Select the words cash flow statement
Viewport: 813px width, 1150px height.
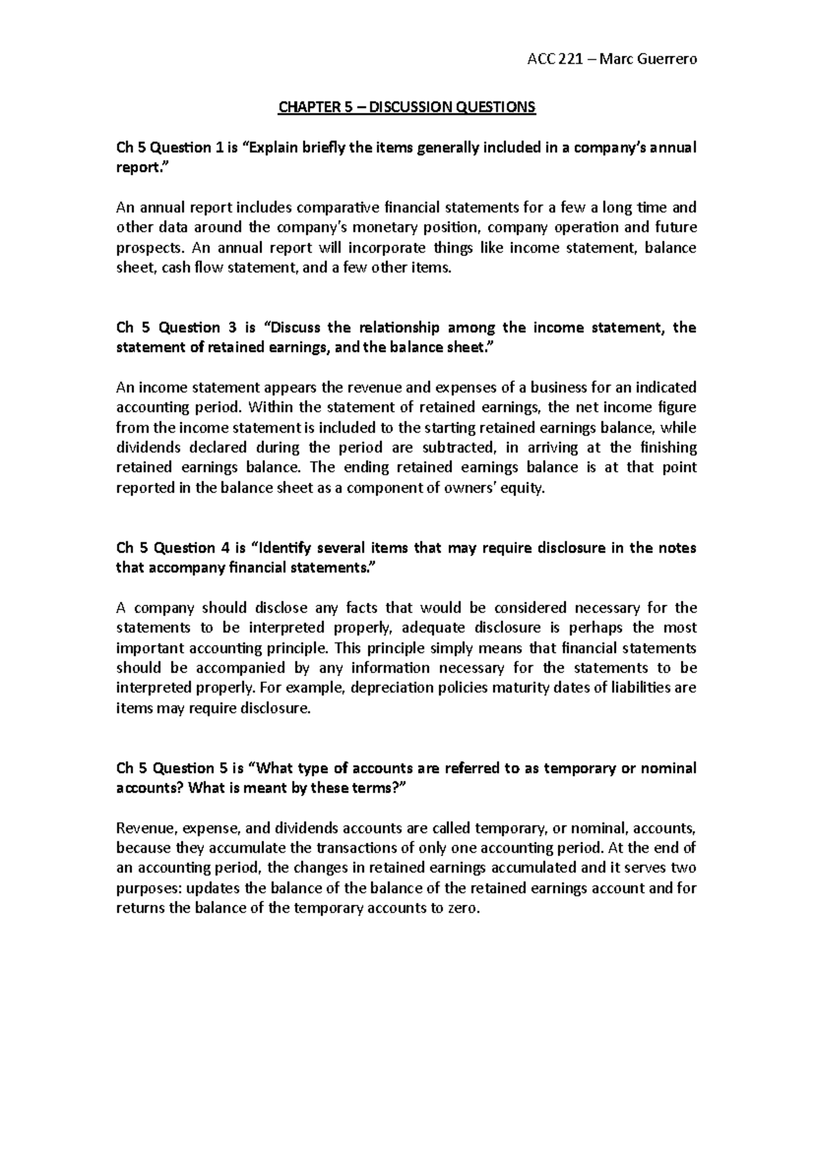[x=230, y=268]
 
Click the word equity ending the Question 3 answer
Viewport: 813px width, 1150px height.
[x=523, y=488]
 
